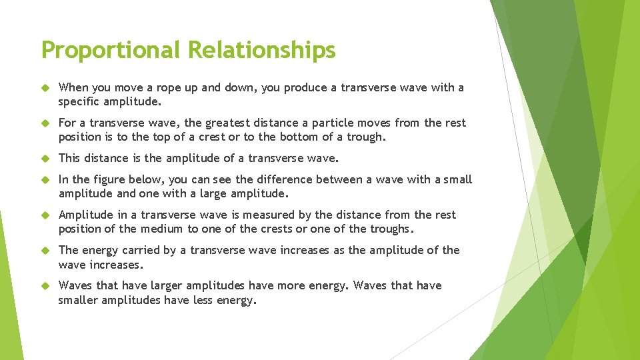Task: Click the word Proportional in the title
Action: pyautogui.click(x=111, y=50)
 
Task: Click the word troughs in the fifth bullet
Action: pyautogui.click(x=390, y=229)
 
